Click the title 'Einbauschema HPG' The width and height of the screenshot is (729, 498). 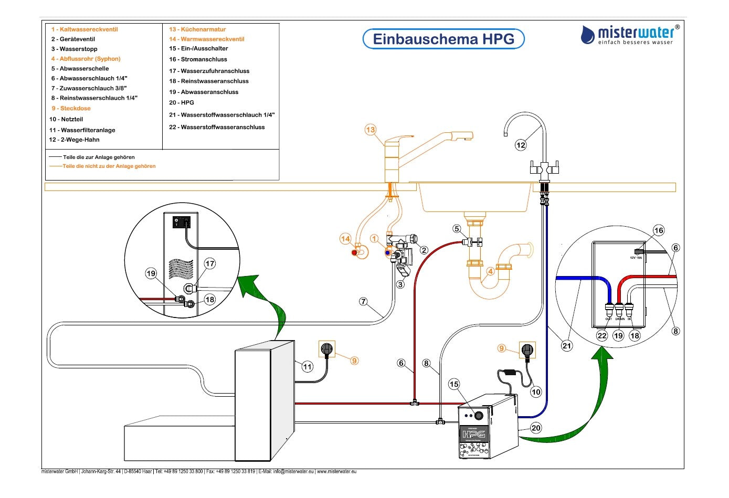click(443, 39)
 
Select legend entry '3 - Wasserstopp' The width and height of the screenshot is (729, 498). click(74, 49)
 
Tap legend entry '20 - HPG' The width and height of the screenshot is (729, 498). click(182, 103)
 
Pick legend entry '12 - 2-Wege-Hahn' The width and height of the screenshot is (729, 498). click(74, 140)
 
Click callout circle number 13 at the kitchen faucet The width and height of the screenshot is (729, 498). click(371, 130)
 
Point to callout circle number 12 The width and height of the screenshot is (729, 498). click(520, 145)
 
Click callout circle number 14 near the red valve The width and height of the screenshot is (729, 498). click(345, 239)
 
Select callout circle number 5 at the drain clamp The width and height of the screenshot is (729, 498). click(457, 229)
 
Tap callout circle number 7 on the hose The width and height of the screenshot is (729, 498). click(363, 302)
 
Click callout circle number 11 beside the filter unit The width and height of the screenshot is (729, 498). click(308, 367)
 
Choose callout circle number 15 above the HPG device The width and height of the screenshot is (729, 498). click(454, 384)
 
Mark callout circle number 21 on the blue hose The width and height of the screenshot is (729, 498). click(567, 345)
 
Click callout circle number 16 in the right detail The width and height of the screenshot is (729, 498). click(659, 230)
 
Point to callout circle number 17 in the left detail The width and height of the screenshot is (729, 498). click(210, 263)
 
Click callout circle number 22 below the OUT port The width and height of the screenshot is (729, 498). click(602, 336)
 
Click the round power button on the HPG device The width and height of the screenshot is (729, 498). click(479, 416)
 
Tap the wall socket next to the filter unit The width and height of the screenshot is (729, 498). click(327, 348)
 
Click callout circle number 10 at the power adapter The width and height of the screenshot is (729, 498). click(536, 391)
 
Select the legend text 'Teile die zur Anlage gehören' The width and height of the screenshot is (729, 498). click(99, 157)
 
